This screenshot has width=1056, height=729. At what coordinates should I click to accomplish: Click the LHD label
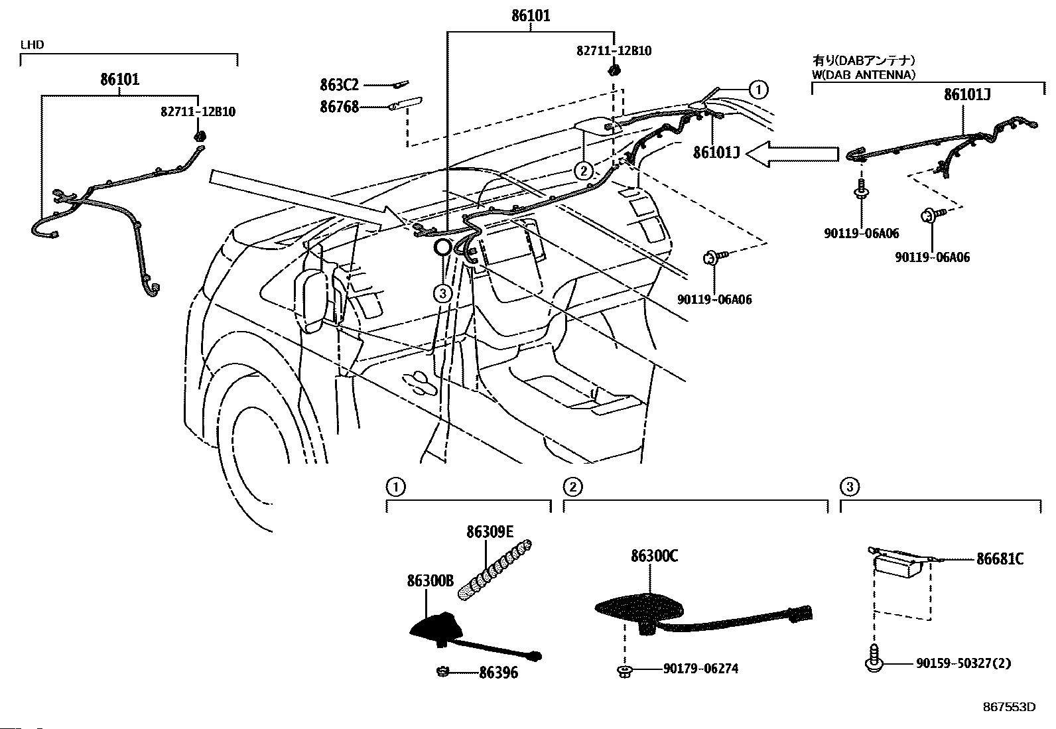pos(32,45)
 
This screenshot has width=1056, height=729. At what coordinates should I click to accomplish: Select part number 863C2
pos(339,85)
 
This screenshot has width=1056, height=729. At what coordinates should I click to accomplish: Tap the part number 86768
pos(339,107)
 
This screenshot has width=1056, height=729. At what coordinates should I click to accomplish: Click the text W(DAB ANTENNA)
pos(863,74)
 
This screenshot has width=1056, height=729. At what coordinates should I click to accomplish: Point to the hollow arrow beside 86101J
pos(792,154)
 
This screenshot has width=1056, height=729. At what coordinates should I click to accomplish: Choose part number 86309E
pos(490,532)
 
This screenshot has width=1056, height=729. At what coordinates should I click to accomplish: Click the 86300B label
pos(430,581)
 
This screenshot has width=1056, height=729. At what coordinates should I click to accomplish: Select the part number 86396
pos(498,673)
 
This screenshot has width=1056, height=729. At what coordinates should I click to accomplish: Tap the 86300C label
pos(654,557)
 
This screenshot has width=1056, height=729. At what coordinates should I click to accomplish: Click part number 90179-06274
pos(700,669)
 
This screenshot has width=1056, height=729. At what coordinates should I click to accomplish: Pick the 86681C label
pos(1000,559)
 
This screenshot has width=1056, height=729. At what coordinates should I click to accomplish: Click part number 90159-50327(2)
pos(964,663)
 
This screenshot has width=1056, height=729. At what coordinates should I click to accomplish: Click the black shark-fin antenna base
pos(432,627)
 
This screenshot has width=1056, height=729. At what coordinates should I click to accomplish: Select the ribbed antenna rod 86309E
pos(495,570)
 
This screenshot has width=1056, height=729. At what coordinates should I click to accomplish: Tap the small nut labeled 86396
pos(442,671)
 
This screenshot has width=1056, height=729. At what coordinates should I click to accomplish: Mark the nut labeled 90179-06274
pos(625,671)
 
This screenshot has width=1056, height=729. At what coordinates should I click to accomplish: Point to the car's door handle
pos(415,383)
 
